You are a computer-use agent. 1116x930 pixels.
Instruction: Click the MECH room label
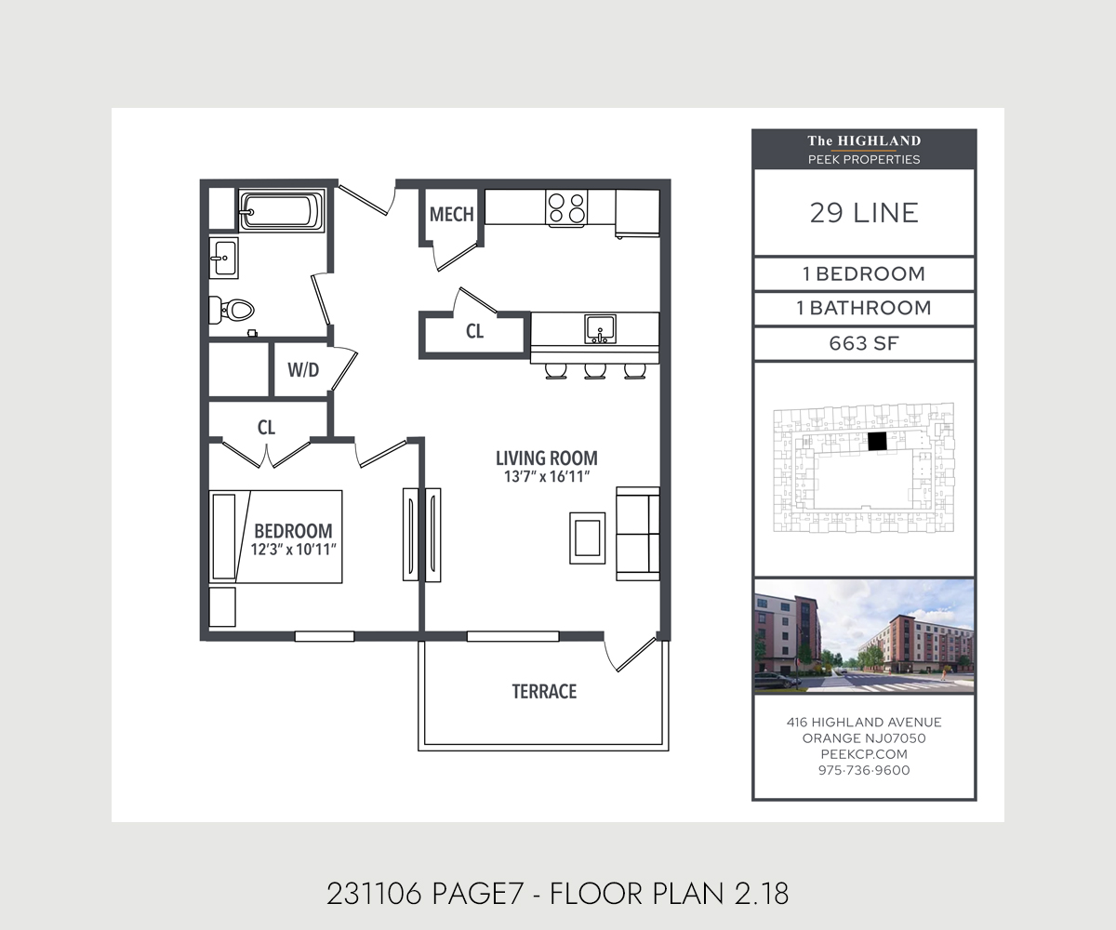(x=452, y=215)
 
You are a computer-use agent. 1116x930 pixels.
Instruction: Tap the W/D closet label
(x=303, y=370)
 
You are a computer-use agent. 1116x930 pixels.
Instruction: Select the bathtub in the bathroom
(x=282, y=211)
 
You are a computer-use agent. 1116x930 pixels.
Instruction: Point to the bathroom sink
(x=223, y=258)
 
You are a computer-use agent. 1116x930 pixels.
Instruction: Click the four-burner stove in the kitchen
(x=566, y=208)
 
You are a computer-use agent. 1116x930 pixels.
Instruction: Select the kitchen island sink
(x=600, y=328)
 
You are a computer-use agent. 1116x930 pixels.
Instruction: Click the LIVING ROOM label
(x=546, y=458)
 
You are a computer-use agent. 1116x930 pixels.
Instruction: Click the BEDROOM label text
(x=293, y=530)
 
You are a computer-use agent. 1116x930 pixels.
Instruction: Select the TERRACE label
(x=544, y=692)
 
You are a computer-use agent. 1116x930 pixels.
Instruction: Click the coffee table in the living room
(x=588, y=537)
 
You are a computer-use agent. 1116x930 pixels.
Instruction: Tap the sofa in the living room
(x=638, y=533)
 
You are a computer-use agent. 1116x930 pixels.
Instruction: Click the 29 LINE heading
(x=864, y=213)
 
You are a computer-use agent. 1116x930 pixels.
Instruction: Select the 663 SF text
(x=864, y=344)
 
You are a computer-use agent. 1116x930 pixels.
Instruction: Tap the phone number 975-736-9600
(x=864, y=770)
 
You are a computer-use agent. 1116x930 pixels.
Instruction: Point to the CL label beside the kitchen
(x=475, y=332)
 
